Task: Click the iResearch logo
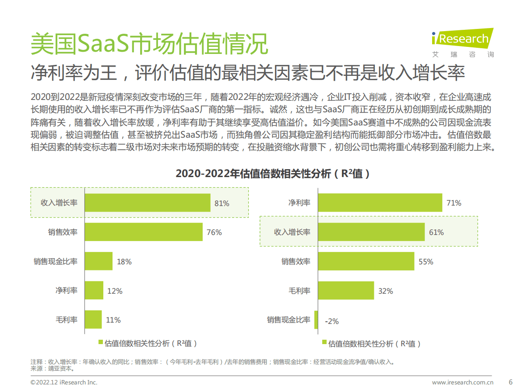462,43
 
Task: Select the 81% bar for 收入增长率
148,203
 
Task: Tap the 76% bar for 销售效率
144,232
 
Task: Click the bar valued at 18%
99,261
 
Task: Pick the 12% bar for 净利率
94,291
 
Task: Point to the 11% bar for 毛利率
93,320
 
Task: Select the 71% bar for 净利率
380,203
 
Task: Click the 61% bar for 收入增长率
371,232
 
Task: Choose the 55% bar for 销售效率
366,261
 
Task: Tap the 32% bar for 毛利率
346,291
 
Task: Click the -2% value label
332,321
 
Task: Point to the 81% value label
222,203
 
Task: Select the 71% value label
454,203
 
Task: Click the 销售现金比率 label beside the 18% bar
56,262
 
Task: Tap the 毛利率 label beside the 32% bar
299,291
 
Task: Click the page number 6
510,381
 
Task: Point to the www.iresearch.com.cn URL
463,382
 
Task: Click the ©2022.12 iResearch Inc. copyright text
64,382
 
